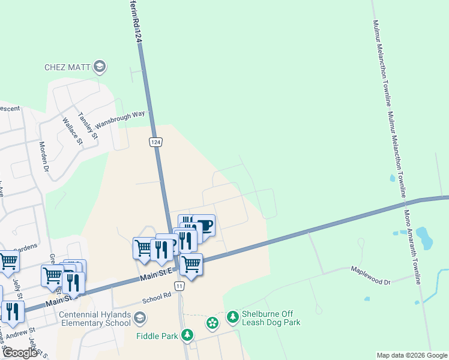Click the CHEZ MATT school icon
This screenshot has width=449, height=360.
(x=101, y=67)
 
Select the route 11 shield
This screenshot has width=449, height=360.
(x=180, y=287)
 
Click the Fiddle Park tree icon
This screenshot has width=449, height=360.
(x=188, y=335)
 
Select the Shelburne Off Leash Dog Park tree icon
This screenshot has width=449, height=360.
(x=233, y=316)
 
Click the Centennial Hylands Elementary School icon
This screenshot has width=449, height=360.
(x=140, y=317)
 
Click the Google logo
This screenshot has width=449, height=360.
(x=20, y=353)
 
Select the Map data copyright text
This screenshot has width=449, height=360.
(x=412, y=355)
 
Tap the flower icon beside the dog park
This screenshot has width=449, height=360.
(x=212, y=324)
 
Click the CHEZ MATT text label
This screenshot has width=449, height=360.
(x=68, y=67)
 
